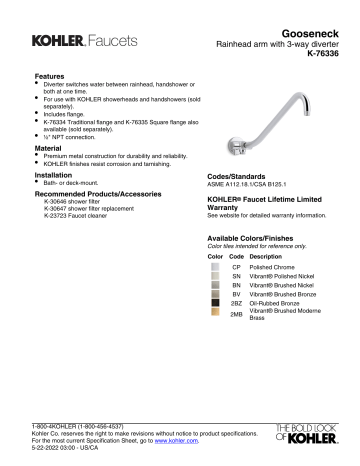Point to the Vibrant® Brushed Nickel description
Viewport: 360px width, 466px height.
click(x=284, y=287)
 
